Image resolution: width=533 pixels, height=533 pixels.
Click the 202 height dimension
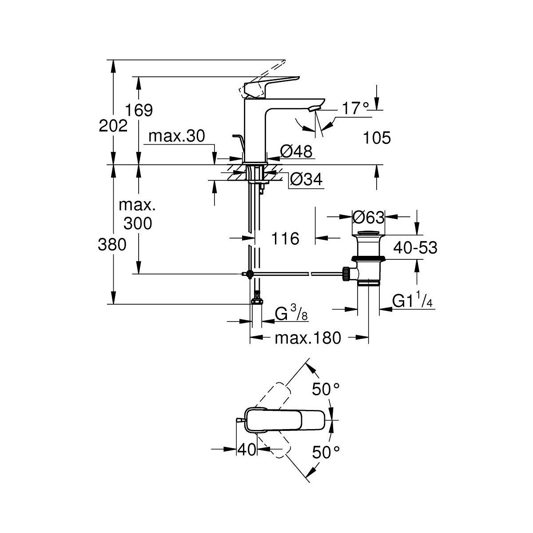[113, 127]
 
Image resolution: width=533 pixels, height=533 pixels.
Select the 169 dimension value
[139, 110]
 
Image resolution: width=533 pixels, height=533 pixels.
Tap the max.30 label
[176, 136]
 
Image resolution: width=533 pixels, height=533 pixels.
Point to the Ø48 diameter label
[296, 152]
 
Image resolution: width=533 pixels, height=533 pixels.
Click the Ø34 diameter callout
[306, 179]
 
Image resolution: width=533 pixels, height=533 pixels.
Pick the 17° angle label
[356, 108]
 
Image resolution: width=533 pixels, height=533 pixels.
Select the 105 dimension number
[377, 138]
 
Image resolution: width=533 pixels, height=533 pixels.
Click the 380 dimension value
[112, 244]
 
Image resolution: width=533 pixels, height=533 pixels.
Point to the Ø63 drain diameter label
[368, 217]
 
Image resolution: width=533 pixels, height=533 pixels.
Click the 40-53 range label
[414, 248]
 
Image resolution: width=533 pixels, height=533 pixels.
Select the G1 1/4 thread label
[412, 301]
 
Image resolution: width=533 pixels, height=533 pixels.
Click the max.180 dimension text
[307, 338]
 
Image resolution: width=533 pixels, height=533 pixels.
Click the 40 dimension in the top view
[247, 450]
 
